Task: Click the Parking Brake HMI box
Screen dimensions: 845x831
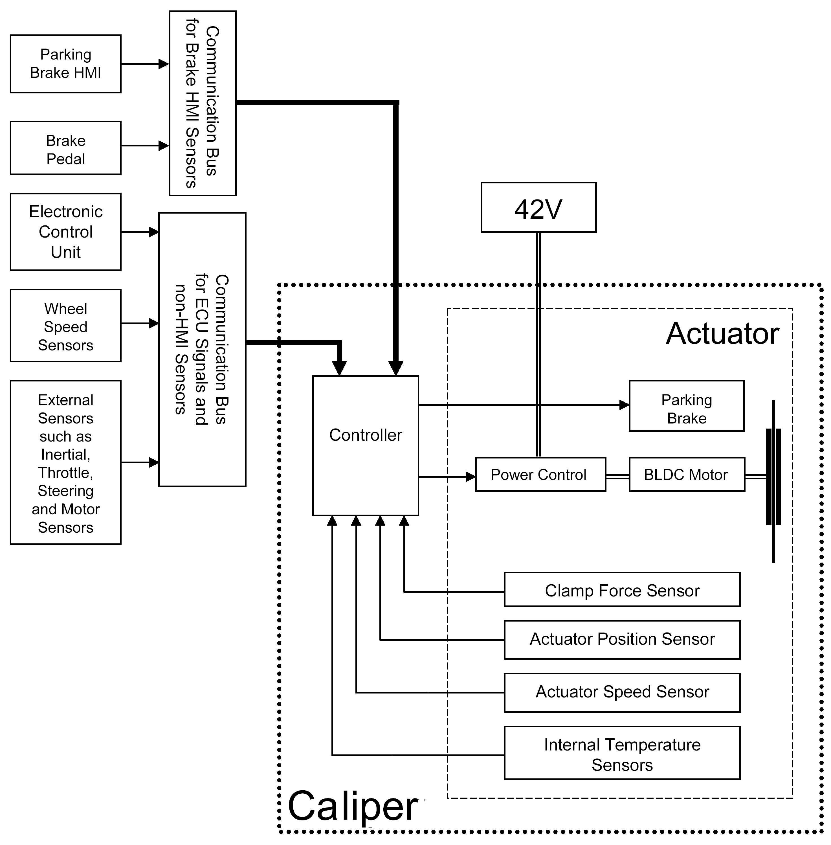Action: click(65, 64)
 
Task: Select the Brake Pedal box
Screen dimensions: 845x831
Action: click(65, 148)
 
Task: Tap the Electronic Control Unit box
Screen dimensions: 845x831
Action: click(65, 232)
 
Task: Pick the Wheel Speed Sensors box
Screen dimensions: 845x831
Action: click(65, 326)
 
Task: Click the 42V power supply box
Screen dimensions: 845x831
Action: click(538, 208)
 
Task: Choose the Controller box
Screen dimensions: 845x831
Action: click(365, 445)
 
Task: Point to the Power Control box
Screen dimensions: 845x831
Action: click(540, 475)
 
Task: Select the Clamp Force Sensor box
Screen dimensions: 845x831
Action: click(622, 590)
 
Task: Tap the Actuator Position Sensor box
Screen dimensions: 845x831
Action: click(622, 639)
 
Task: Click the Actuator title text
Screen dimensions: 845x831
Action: click(722, 334)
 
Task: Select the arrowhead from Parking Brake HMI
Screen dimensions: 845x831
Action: click(164, 64)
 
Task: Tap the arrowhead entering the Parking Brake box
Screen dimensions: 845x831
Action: click(624, 405)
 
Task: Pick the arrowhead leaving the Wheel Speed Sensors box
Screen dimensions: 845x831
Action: click(154, 323)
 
